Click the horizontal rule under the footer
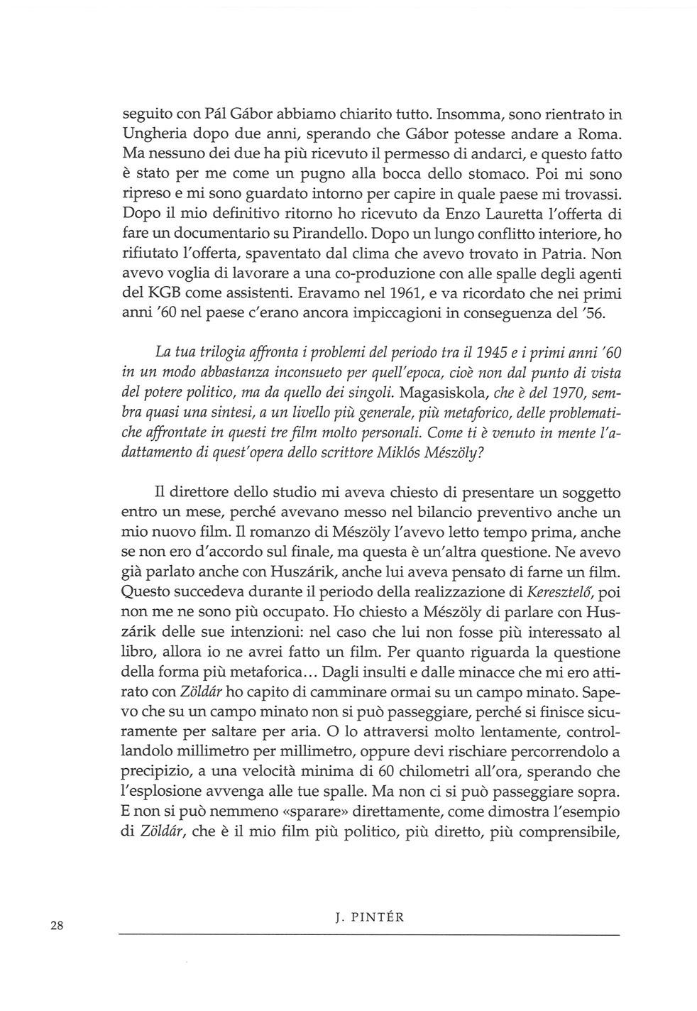pyautogui.click(x=368, y=935)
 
